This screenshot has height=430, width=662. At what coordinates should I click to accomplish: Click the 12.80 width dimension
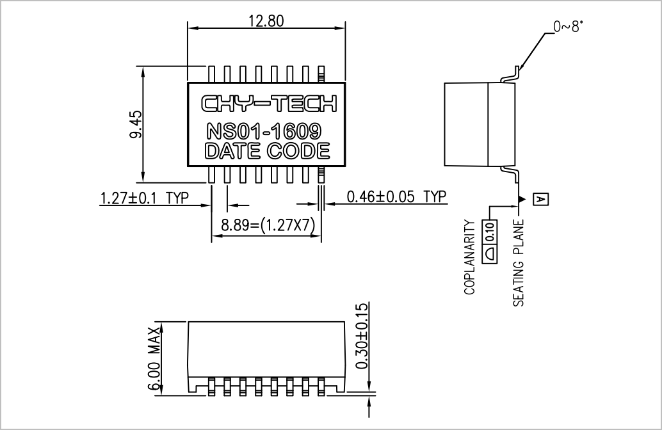point(266,20)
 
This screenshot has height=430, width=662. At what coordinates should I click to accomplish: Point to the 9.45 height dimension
point(136,125)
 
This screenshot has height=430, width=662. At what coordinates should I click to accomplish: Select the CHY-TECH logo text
point(269,104)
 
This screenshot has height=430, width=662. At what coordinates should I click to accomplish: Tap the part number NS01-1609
point(264,131)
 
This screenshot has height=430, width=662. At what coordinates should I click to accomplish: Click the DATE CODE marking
point(267,151)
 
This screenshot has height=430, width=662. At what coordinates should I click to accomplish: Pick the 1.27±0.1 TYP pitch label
point(145,198)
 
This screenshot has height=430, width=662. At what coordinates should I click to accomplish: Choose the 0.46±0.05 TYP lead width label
point(396,196)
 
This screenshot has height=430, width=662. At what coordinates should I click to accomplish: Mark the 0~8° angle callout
point(569,27)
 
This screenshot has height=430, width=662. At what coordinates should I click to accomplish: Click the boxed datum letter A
point(541,199)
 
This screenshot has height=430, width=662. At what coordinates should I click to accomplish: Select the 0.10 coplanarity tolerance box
point(490,241)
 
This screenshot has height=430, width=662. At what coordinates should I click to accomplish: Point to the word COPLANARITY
point(469,257)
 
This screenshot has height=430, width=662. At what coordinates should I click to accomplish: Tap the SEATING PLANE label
point(518,262)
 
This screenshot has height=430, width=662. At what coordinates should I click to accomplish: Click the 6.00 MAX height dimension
point(154,359)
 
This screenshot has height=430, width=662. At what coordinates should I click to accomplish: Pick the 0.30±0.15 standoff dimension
point(362,337)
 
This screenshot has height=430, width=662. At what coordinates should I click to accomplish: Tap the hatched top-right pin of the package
point(321,74)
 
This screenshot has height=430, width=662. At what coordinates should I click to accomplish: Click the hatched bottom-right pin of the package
point(321,175)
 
